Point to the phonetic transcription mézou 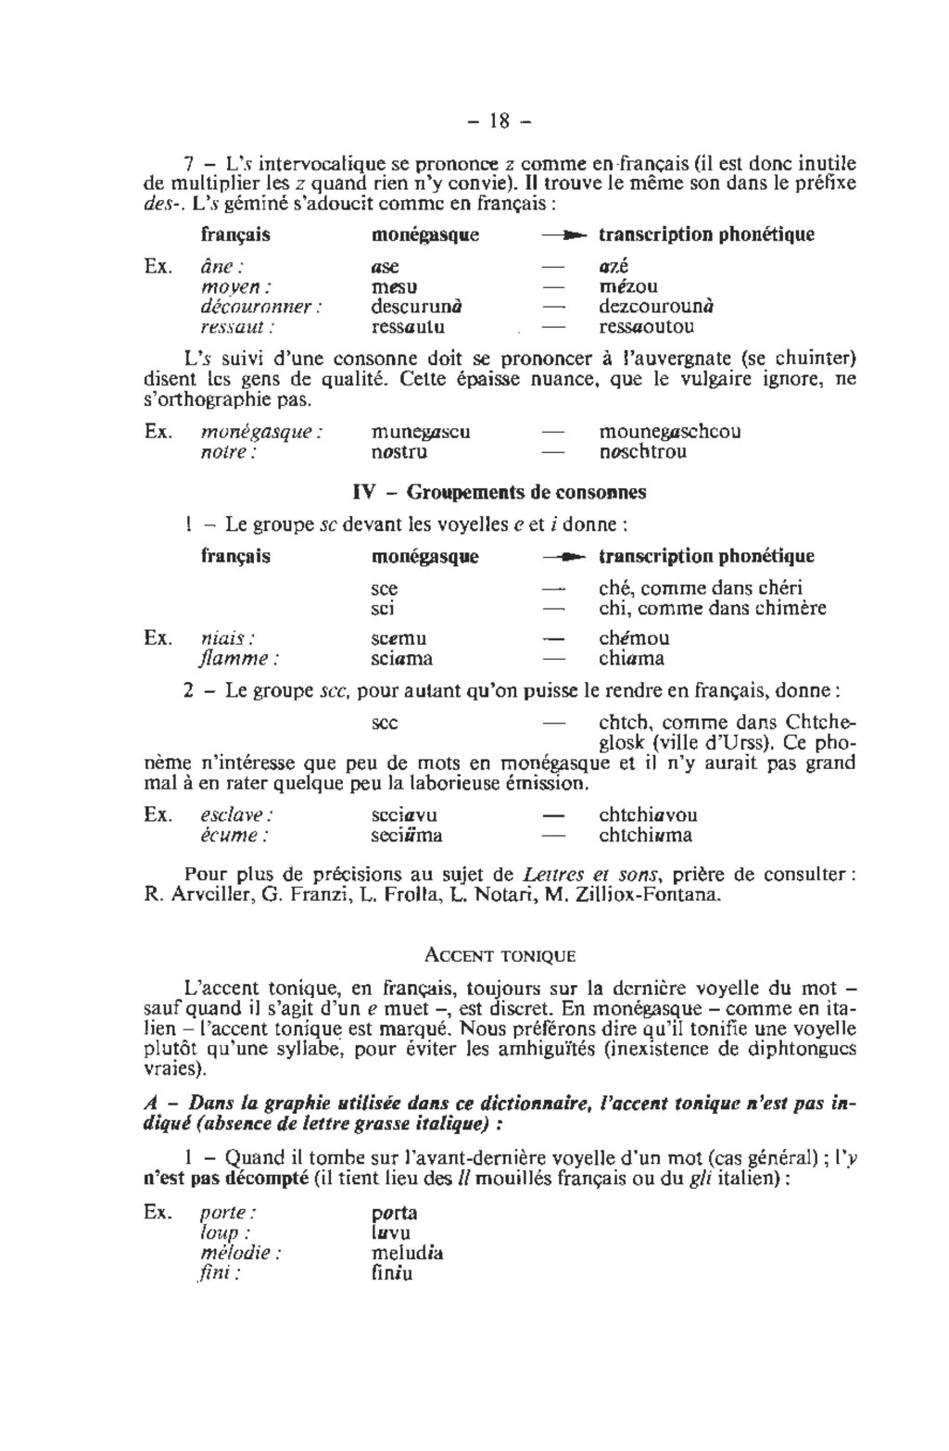pos(628,286)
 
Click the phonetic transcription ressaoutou pos(646,327)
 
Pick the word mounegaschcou pos(670,433)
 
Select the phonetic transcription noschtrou pos(643,453)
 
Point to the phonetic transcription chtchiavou pos(649,815)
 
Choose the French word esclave pos(236,815)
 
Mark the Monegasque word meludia pos(407,1254)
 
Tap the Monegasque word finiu pos(391,1274)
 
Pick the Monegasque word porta pos(394,1213)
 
